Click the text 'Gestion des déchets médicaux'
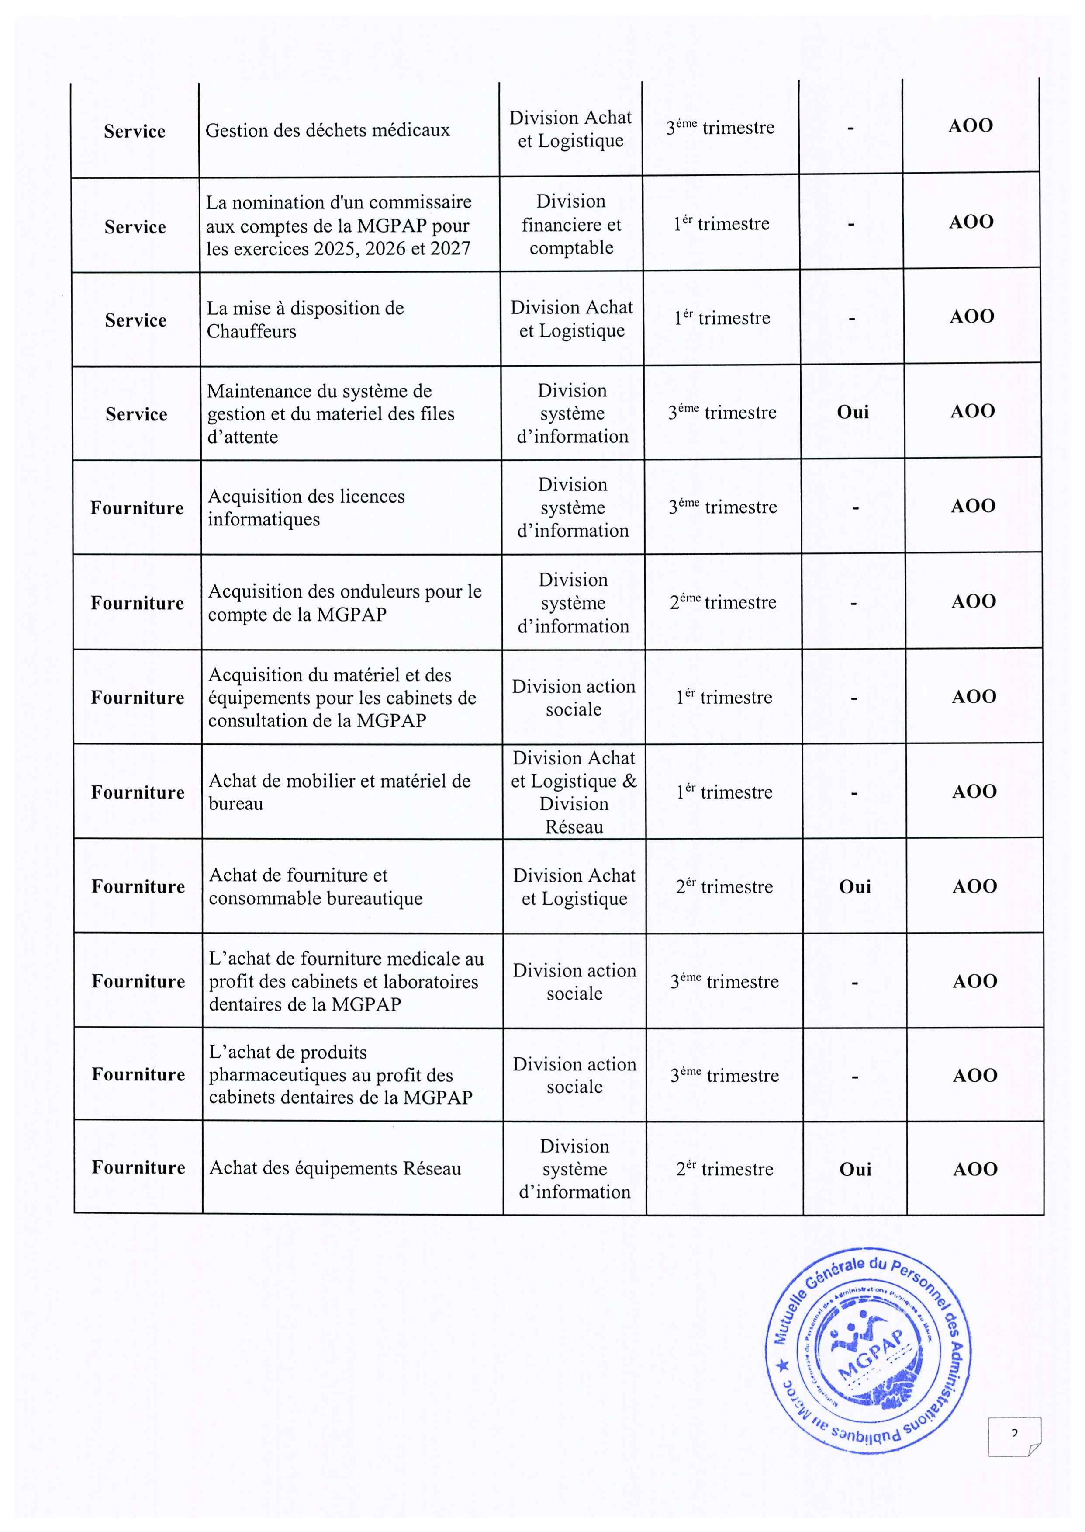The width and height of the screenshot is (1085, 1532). click(327, 130)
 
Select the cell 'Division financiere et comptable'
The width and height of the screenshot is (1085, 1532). click(571, 225)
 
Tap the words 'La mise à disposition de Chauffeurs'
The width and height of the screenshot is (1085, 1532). click(305, 320)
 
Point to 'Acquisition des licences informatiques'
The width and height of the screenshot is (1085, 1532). click(306, 508)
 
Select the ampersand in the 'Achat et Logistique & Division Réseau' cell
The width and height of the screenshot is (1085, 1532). click(629, 781)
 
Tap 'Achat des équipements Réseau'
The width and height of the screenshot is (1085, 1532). click(335, 1168)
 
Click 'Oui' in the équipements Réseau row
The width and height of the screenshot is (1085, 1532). click(855, 1169)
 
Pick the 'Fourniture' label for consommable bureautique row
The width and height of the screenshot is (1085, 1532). click(138, 886)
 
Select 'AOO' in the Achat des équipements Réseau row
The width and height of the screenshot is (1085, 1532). click(975, 1169)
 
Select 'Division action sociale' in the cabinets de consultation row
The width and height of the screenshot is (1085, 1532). click(574, 698)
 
